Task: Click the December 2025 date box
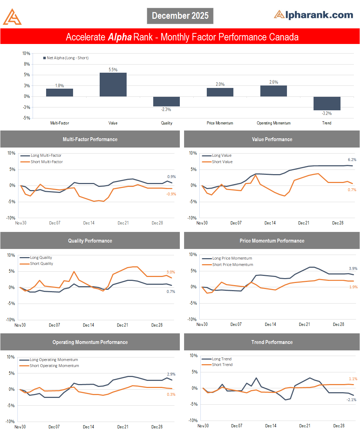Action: [x=180, y=16]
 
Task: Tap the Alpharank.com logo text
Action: [x=314, y=15]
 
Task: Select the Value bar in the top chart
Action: [x=113, y=84]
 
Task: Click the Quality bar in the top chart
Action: [x=166, y=101]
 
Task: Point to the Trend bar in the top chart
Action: [x=327, y=103]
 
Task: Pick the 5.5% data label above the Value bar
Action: [x=113, y=70]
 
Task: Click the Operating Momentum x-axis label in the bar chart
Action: [x=273, y=123]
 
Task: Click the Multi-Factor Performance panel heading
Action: [x=90, y=139]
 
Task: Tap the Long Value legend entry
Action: [x=221, y=155]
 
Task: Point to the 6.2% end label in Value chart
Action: [x=352, y=160]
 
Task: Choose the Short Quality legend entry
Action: [x=41, y=263]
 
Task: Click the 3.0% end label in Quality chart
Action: [x=171, y=272]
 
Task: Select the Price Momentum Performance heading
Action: [x=272, y=241]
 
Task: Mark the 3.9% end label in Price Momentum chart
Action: [x=353, y=269]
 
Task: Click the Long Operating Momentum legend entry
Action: [x=54, y=360]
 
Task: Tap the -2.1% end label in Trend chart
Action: [x=351, y=400]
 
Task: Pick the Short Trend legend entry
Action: [x=222, y=365]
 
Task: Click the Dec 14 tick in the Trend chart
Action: [x=271, y=426]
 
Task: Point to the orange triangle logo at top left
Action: [x=12, y=17]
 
